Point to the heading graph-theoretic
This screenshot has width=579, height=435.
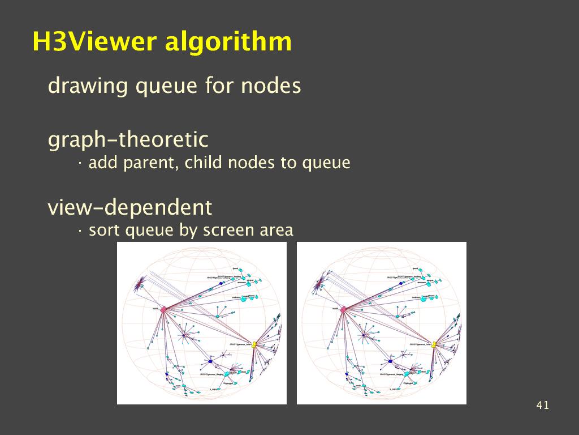128,140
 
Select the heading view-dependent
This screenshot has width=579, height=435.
130,208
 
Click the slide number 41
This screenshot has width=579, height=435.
542,405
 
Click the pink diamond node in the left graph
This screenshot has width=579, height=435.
163,310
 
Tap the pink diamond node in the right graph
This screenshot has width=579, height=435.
343,309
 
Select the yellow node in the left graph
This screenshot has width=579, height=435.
254,344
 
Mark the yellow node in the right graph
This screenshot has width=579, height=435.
434,344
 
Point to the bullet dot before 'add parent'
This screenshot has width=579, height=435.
80,164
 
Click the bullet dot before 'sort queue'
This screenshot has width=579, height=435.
80,231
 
